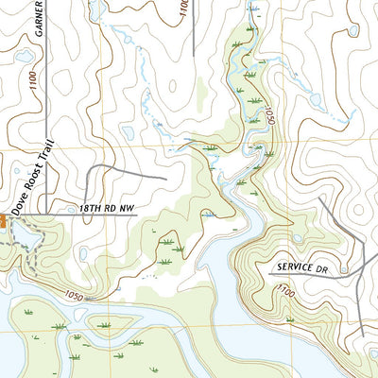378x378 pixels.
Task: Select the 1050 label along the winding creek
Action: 268,118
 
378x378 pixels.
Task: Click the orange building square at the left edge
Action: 3,219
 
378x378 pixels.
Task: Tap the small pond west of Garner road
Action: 23,57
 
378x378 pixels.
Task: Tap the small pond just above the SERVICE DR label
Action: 298,239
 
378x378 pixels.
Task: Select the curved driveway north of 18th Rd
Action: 113,170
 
